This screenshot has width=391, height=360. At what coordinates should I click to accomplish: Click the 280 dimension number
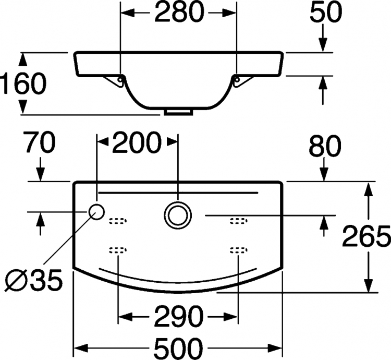179,11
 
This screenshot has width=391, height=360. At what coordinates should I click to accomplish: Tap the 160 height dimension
23,83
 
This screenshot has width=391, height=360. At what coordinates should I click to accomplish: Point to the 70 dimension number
40,142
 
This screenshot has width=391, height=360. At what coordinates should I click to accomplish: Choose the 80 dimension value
325,146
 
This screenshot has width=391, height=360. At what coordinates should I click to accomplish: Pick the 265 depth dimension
366,235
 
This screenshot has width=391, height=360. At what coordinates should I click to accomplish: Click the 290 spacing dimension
178,316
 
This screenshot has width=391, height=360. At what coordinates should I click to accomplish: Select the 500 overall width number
178,347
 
